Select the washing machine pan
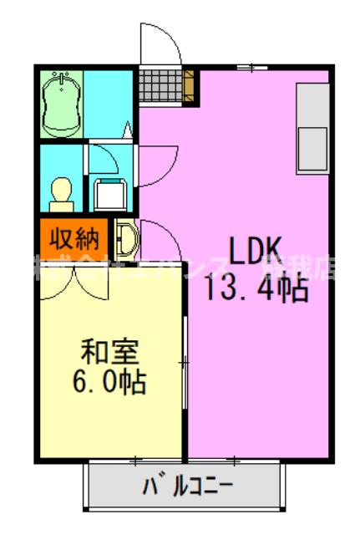109,191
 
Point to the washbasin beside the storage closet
126,238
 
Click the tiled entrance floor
160,84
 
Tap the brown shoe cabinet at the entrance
189,84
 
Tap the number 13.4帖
256,290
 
